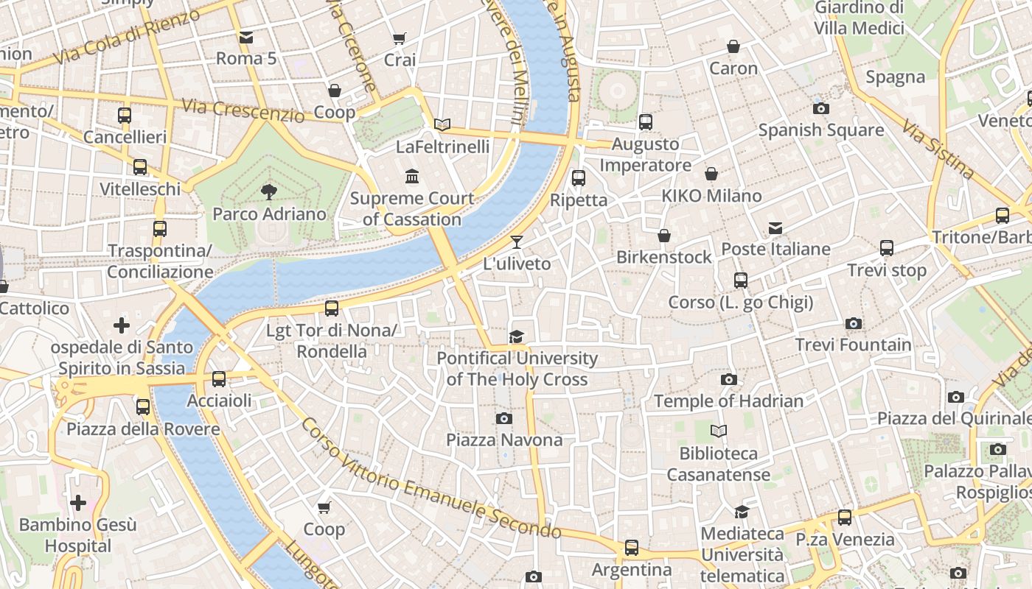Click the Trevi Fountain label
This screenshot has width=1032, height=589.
coord(853,345)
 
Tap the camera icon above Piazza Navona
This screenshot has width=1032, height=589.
coord(504,418)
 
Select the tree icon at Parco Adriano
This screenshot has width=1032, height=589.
coord(269,192)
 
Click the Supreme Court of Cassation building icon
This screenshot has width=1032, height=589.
coord(412,177)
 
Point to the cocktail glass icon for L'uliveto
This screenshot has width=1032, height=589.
coord(517,242)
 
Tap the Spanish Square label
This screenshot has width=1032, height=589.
coord(821,130)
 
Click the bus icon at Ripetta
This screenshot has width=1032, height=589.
coord(579,177)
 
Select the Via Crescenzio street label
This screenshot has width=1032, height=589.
coord(243,110)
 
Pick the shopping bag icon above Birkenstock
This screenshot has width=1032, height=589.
coord(664,236)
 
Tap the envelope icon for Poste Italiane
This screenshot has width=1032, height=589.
coord(775,228)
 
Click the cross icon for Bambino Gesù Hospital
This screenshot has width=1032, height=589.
coord(78,504)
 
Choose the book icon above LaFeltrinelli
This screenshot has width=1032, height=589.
coord(442,125)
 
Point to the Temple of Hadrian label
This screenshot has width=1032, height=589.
coord(728,401)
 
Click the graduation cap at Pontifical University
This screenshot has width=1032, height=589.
coord(517,336)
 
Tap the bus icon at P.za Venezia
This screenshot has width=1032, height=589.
coord(845,518)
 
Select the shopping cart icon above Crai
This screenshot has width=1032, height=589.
coord(400,38)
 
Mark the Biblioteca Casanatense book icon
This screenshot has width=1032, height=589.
coord(719,431)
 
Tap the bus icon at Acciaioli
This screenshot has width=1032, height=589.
coord(219,379)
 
